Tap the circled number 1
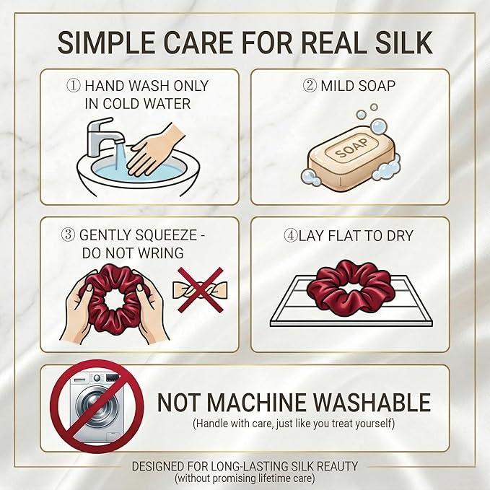tap(74, 85)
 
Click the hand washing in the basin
tap(154, 152)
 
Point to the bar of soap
tap(351, 159)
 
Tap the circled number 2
tap(310, 85)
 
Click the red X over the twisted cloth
tap(201, 289)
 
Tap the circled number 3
tap(68, 235)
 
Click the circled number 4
tap(291, 235)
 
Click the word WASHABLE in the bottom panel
tap(372, 402)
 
